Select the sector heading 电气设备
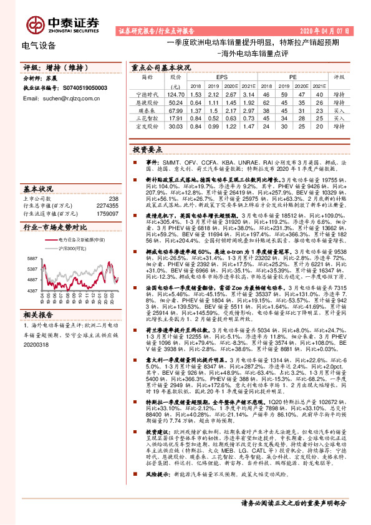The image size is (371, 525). click(39, 46)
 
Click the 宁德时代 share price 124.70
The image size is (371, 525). click(176, 94)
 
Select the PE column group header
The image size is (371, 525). click(292, 77)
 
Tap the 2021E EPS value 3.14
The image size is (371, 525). click(248, 94)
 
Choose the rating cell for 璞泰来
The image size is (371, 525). click(339, 110)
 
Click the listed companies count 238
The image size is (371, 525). click(113, 198)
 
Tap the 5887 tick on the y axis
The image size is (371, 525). click(32, 258)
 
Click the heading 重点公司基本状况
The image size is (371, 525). click(161, 65)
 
